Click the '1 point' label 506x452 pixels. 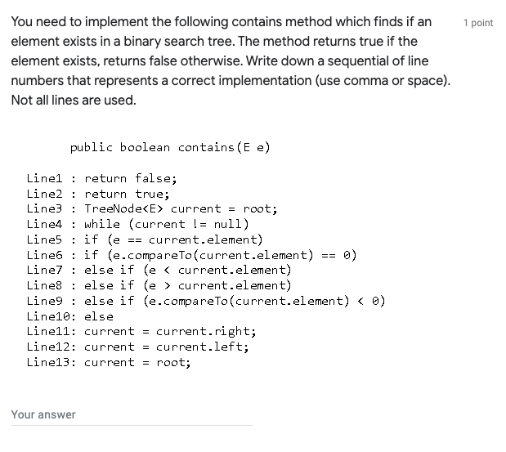tap(478, 23)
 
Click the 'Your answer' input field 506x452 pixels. tap(131, 415)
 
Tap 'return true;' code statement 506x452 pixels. tap(127, 194)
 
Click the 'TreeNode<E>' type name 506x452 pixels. tap(123, 208)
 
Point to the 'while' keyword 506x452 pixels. tap(102, 224)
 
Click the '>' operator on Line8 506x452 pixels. tap(167, 285)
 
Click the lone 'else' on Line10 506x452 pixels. tap(99, 316)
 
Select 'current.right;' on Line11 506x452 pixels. tap(206, 332)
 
